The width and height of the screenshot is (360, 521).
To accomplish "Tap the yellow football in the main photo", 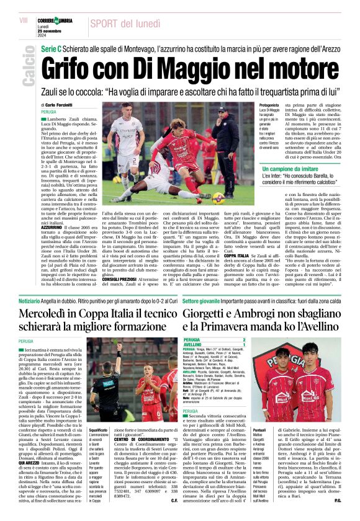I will [218, 198].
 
